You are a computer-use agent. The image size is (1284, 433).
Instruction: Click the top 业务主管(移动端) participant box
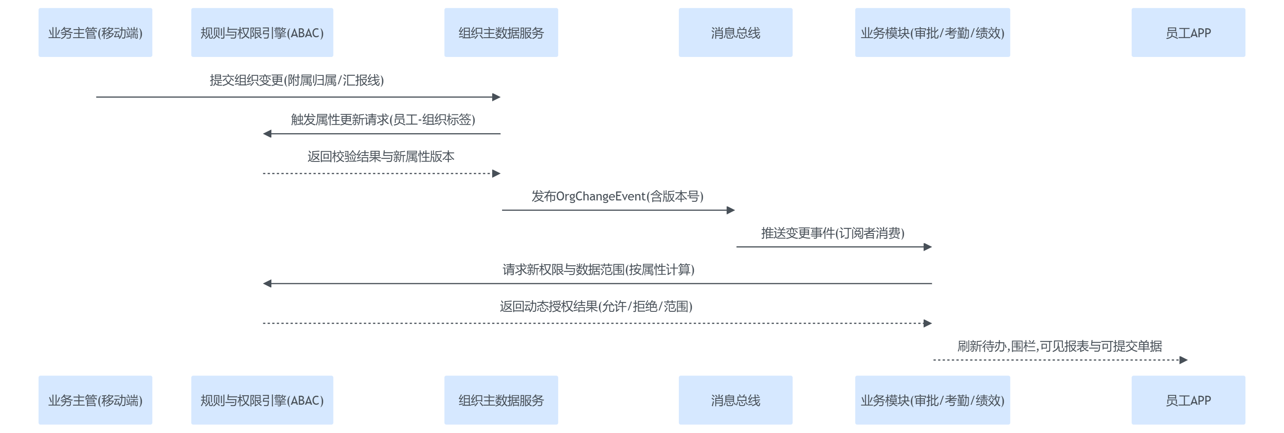(95, 33)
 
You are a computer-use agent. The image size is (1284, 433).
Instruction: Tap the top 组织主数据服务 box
(501, 33)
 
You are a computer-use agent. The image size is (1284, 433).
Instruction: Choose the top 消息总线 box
(735, 33)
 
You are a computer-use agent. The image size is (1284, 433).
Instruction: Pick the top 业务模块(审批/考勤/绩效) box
(932, 33)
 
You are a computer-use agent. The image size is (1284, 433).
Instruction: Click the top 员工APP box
(1188, 33)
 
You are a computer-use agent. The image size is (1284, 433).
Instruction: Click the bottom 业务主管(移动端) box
(95, 400)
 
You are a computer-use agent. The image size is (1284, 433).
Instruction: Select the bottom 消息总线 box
(735, 400)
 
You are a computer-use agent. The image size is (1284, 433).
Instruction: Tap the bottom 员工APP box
(1188, 400)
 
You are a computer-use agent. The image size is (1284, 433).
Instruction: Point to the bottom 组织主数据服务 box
(501, 400)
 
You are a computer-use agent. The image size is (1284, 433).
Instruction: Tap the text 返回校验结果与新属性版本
(381, 157)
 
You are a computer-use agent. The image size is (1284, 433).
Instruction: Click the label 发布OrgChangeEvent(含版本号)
(617, 197)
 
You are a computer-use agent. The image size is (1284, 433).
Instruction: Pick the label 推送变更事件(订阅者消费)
(832, 233)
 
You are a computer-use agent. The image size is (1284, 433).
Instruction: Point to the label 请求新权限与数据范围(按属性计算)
(598, 270)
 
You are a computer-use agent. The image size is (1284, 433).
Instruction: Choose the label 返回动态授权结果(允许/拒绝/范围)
(596, 306)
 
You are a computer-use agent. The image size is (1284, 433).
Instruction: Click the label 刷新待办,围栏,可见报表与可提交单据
(1060, 346)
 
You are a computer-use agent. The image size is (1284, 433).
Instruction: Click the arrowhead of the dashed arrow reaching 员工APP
(1183, 360)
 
